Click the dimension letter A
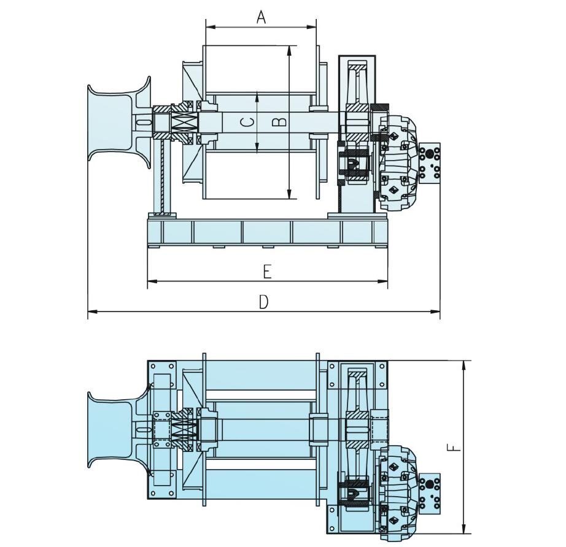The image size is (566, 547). point(261,17)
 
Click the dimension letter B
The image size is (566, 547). point(279,122)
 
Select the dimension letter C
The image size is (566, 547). point(247,123)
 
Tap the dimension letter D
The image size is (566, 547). point(264,302)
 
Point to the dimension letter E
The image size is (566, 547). point(267,272)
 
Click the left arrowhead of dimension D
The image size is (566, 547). point(93,311)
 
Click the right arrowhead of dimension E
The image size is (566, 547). point(382,281)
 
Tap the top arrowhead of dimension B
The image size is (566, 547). point(289,50)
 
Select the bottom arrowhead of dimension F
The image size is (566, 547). point(464,528)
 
